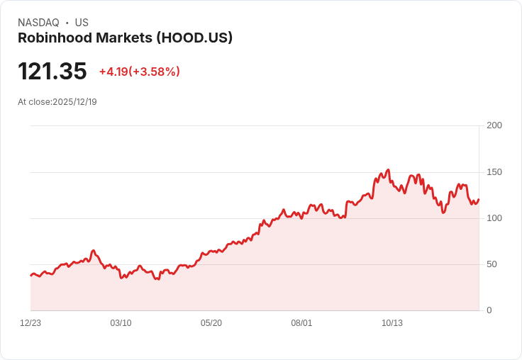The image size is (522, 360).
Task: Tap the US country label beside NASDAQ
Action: pyautogui.click(x=82, y=23)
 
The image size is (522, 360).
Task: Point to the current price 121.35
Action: pyautogui.click(x=52, y=72)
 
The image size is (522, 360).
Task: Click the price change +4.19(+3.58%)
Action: pyautogui.click(x=139, y=72)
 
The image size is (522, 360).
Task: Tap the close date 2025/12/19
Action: pyautogui.click(x=74, y=102)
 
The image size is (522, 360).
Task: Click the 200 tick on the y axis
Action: pyautogui.click(x=494, y=125)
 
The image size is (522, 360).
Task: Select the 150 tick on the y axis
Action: pyautogui.click(x=494, y=172)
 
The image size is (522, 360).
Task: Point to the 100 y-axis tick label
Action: pyautogui.click(x=494, y=218)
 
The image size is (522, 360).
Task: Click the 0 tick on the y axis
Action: pyautogui.click(x=489, y=310)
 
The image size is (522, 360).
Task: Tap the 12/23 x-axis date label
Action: pyautogui.click(x=30, y=323)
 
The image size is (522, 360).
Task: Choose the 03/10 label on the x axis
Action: pyautogui.click(x=121, y=323)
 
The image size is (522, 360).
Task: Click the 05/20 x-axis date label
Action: pyautogui.click(x=211, y=323)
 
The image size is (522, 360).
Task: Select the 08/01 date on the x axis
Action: pyautogui.click(x=301, y=323)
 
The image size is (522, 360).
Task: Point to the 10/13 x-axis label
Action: pyautogui.click(x=392, y=323)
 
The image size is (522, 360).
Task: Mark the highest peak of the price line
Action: pyautogui.click(x=388, y=170)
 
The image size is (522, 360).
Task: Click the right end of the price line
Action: pyautogui.click(x=479, y=199)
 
